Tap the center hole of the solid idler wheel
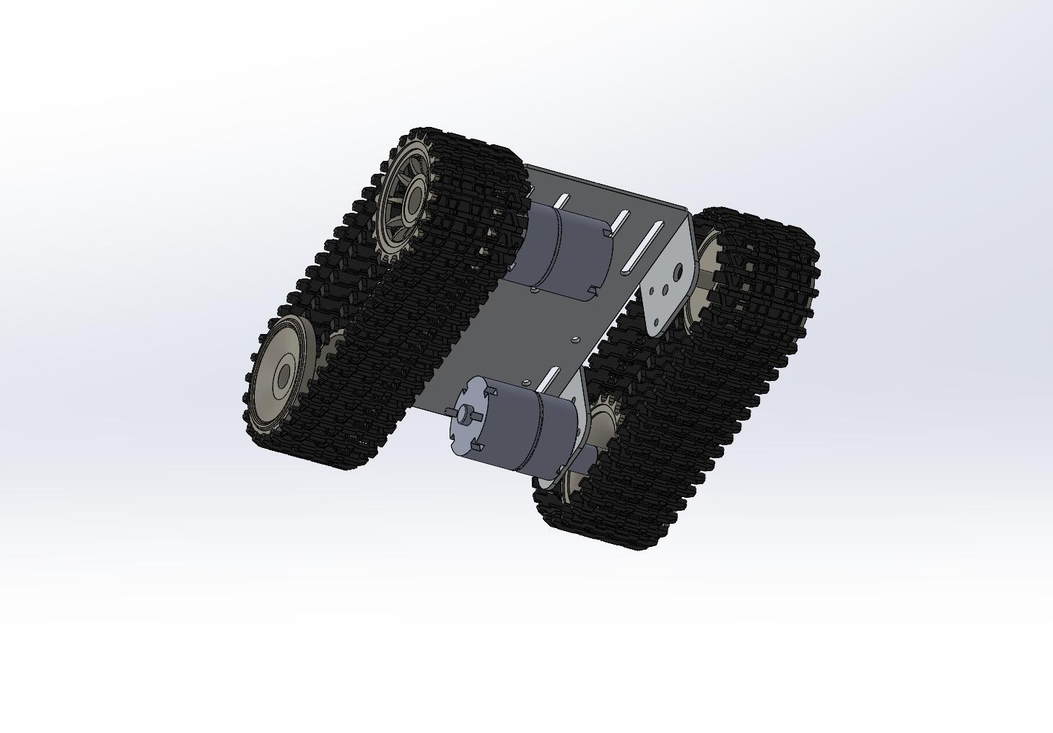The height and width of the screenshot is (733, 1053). tap(284, 374)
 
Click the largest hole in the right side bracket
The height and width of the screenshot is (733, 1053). tap(678, 273)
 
